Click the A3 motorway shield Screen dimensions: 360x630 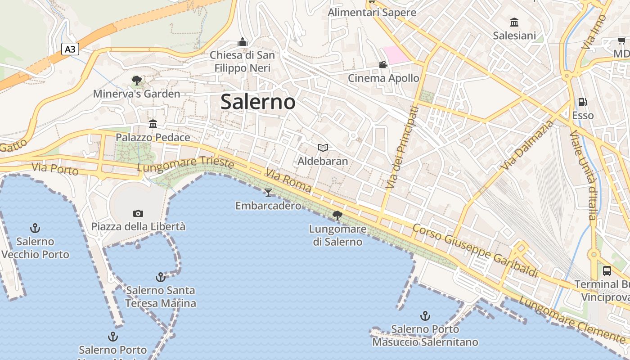point(70,49)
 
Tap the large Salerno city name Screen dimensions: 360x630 point(258,102)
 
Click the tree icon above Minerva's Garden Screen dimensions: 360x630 point(137,81)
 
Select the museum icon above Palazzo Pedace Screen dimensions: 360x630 point(153,124)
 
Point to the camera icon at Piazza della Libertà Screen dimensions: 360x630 point(138,213)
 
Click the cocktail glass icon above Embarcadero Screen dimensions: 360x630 point(268,193)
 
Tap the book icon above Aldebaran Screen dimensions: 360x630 point(323,148)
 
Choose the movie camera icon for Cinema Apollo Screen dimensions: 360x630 point(383,65)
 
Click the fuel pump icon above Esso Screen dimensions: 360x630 point(582,102)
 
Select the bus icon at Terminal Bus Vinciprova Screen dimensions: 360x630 point(607,271)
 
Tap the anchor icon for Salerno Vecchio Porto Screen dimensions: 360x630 point(35,228)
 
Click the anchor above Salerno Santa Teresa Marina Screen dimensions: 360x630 point(160,277)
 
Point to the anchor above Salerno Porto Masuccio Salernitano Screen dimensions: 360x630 point(425,316)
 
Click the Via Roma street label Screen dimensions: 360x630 point(288,180)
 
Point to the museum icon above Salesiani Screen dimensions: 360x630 point(514,22)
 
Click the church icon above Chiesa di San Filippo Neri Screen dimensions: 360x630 point(243,42)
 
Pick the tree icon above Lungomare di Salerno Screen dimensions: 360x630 point(337,216)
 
